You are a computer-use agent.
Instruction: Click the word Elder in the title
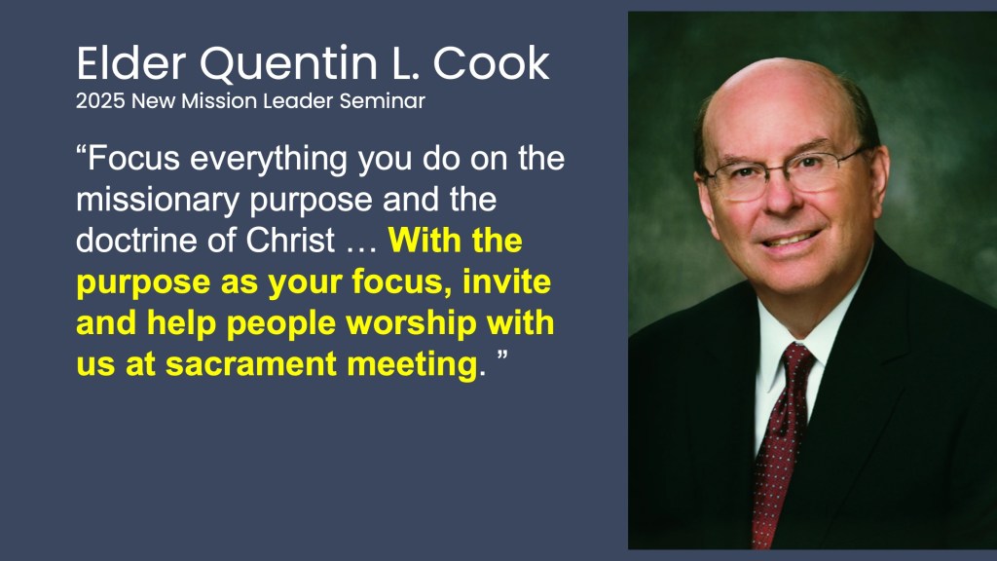coord(131,63)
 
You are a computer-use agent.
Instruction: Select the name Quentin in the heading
coord(289,64)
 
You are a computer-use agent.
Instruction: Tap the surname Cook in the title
coord(492,63)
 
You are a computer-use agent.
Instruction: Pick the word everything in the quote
coord(269,159)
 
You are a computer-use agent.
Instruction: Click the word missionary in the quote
coord(158,201)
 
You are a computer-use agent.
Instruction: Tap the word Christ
coord(290,241)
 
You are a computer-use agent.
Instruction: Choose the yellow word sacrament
coord(251,364)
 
